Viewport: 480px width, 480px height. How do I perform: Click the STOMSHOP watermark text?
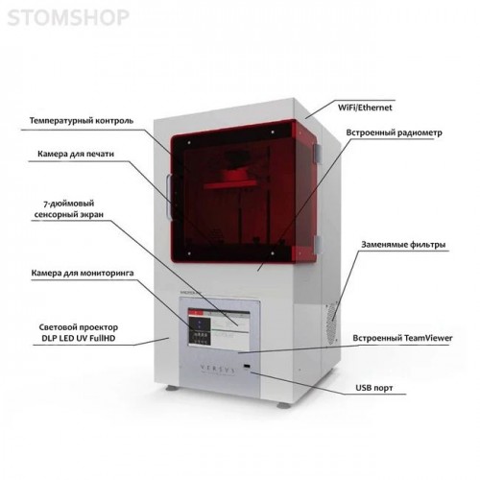tap(68, 17)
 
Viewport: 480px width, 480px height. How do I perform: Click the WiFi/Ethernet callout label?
tap(365, 108)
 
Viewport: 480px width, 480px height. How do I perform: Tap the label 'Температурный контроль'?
tap(82, 121)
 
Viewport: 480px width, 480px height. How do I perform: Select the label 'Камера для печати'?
tap(76, 154)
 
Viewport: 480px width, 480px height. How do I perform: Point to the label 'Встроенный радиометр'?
tap(394, 132)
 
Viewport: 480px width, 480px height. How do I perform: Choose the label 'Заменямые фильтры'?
tap(403, 245)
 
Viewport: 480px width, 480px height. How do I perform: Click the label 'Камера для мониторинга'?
tap(83, 273)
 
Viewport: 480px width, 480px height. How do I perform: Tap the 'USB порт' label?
tap(374, 388)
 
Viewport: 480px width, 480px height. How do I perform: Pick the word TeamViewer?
tap(428, 338)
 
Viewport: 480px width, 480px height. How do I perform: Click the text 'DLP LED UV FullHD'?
tap(79, 338)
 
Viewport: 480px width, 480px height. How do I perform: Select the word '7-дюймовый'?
tap(68, 204)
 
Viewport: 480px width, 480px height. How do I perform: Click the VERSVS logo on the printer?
tap(218, 369)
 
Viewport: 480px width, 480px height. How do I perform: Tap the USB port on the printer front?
tap(247, 366)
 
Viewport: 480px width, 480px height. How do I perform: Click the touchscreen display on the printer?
tap(219, 329)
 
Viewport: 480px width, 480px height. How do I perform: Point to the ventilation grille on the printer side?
tap(332, 323)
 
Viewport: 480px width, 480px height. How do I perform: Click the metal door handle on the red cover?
tap(169, 197)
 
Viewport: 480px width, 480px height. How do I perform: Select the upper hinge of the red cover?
tap(317, 154)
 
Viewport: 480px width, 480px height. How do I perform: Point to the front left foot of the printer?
tap(171, 388)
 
